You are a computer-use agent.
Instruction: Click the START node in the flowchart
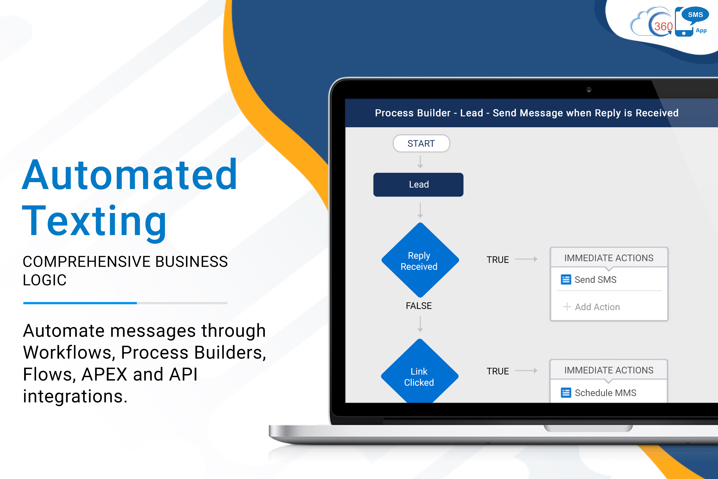pyautogui.click(x=421, y=143)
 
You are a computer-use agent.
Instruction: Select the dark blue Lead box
pyautogui.click(x=418, y=185)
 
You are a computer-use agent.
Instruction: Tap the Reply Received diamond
pyautogui.click(x=420, y=260)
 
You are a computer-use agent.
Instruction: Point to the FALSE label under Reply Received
pyautogui.click(x=419, y=306)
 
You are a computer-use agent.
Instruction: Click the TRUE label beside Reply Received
pyautogui.click(x=497, y=260)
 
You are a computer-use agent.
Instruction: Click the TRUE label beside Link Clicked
pyautogui.click(x=497, y=371)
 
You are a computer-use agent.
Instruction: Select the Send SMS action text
pyautogui.click(x=595, y=280)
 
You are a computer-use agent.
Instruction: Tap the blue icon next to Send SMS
pyautogui.click(x=566, y=280)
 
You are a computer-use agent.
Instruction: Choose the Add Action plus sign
pyautogui.click(x=567, y=306)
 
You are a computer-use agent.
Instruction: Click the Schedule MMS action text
pyautogui.click(x=605, y=393)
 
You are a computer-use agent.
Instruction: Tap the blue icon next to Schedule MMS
pyautogui.click(x=566, y=393)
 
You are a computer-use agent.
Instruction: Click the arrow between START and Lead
pyautogui.click(x=420, y=162)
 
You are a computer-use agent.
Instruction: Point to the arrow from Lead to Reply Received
pyautogui.click(x=420, y=210)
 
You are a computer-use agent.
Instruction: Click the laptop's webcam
pyautogui.click(x=589, y=90)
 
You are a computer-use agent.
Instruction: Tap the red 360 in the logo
pyautogui.click(x=663, y=27)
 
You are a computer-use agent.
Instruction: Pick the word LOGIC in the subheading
pyautogui.click(x=45, y=280)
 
